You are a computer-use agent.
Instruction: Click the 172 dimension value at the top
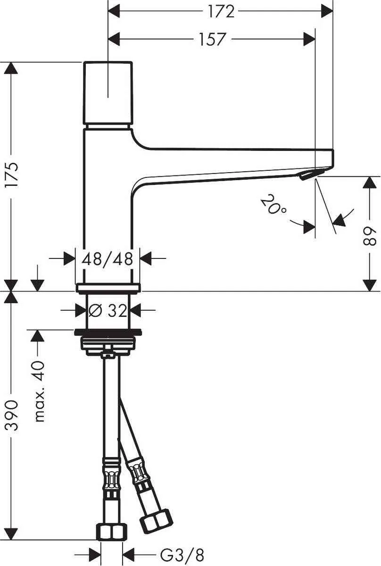tap(221, 11)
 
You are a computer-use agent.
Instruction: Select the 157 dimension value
tap(212, 39)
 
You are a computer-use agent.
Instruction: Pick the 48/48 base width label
tap(108, 258)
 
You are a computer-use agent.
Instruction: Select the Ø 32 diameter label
tap(108, 310)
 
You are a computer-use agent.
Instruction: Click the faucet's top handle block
tap(108, 93)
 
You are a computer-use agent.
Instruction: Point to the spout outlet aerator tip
tap(306, 176)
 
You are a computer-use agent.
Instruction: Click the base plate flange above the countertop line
tap(108, 287)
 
